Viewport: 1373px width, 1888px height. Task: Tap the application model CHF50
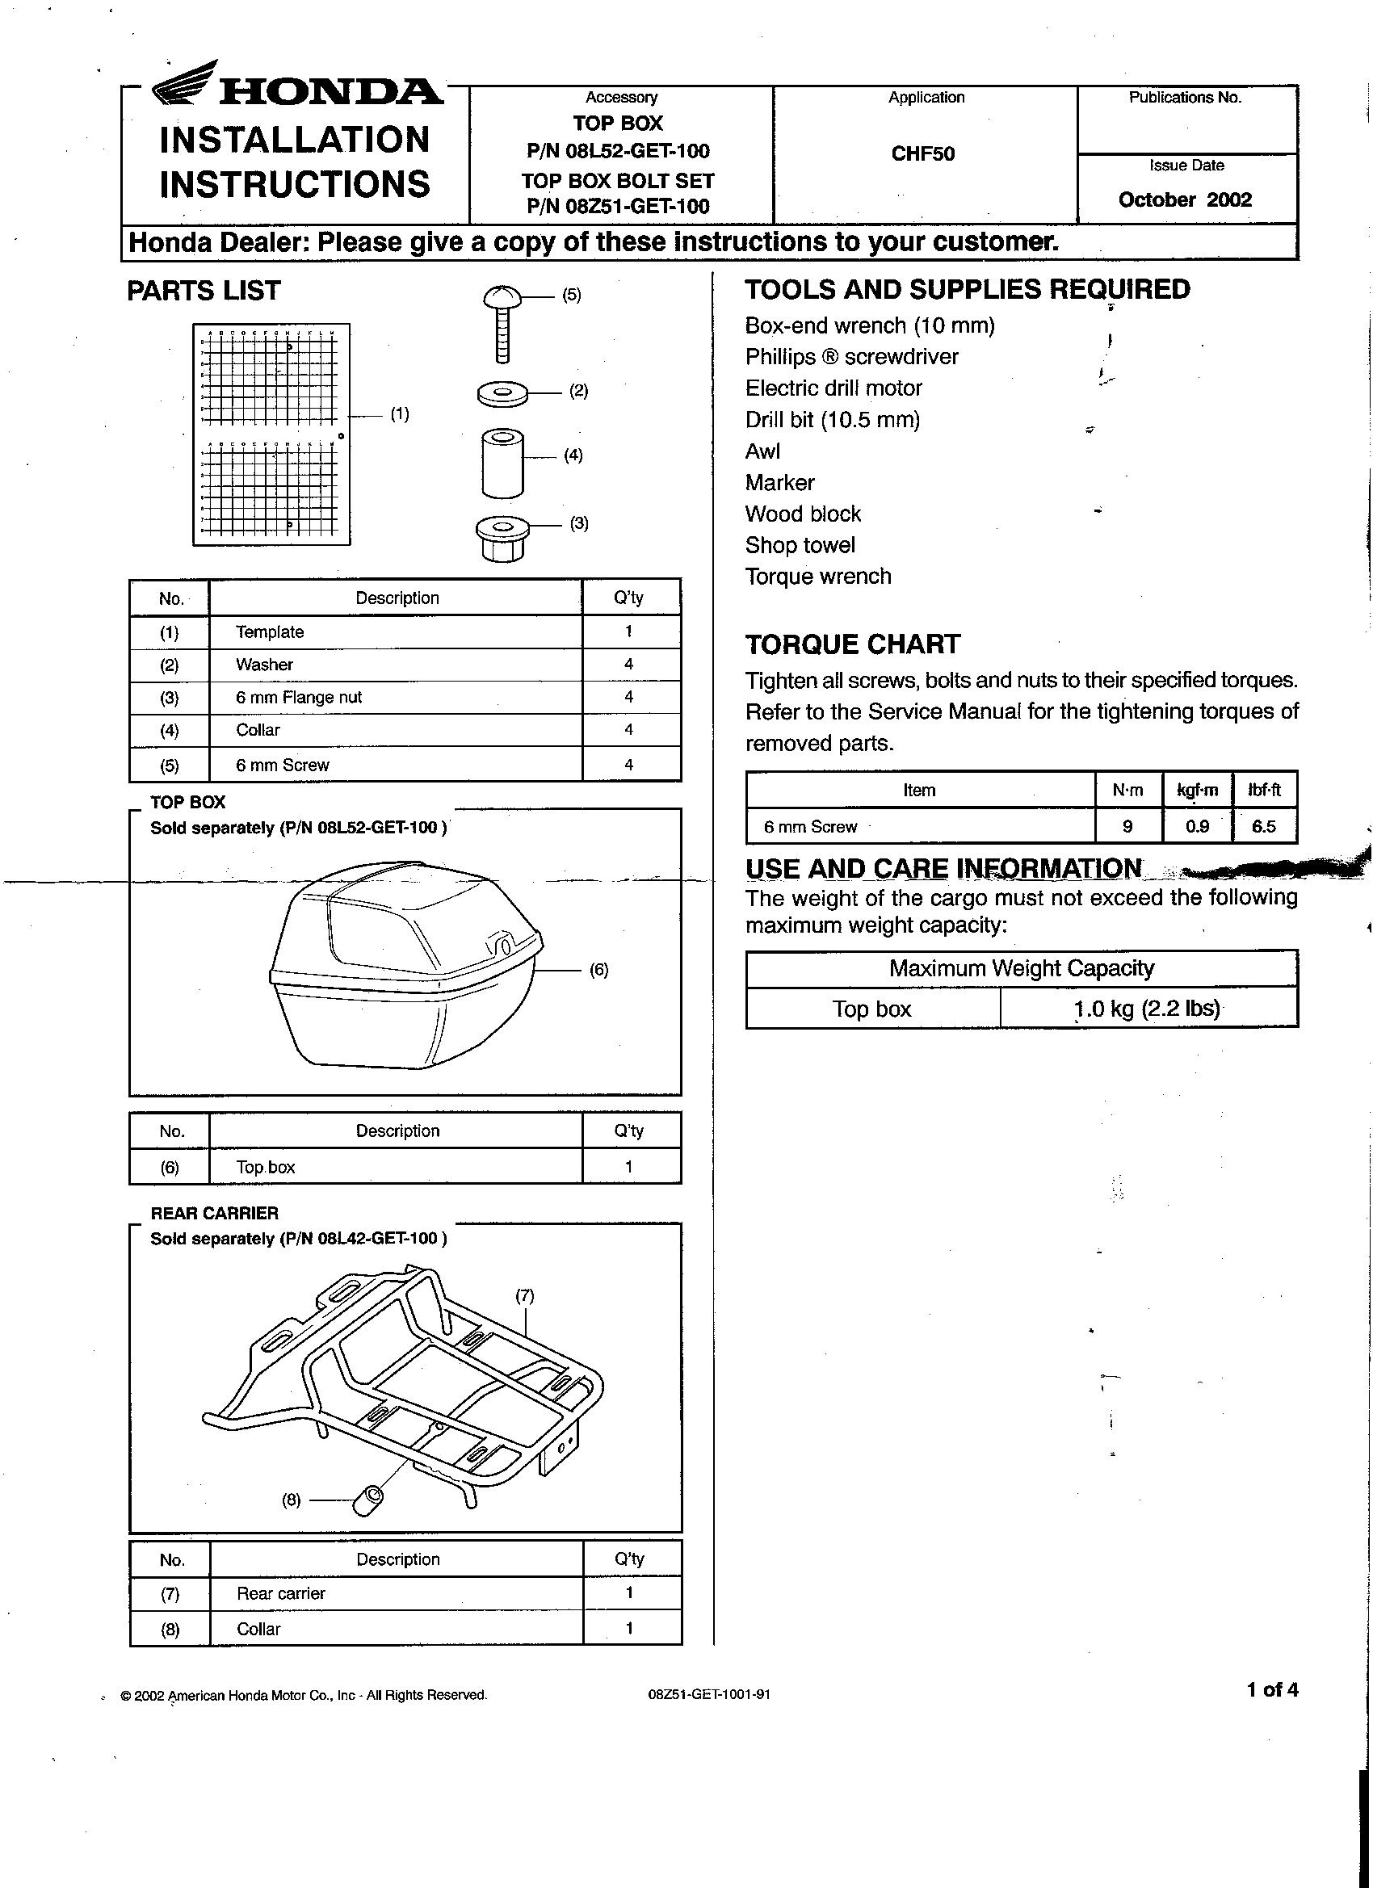tap(922, 154)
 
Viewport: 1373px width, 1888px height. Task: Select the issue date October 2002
tap(1185, 199)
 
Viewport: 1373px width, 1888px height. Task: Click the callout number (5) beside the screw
tap(571, 295)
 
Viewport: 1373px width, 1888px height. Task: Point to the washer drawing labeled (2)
tap(503, 392)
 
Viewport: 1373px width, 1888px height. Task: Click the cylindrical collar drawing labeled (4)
tap(503, 463)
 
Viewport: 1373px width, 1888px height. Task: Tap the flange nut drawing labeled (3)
tap(503, 537)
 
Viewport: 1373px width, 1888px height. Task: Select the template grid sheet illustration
tap(271, 434)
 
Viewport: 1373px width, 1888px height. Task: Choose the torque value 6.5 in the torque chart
tap(1263, 827)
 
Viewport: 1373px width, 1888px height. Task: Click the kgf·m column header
tap(1196, 790)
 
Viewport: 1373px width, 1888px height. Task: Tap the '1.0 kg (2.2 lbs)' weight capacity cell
tap(1148, 1009)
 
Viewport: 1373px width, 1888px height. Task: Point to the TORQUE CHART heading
tap(853, 644)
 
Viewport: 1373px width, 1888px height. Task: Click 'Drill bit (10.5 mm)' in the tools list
tap(832, 421)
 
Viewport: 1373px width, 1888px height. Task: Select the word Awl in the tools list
tap(762, 451)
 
